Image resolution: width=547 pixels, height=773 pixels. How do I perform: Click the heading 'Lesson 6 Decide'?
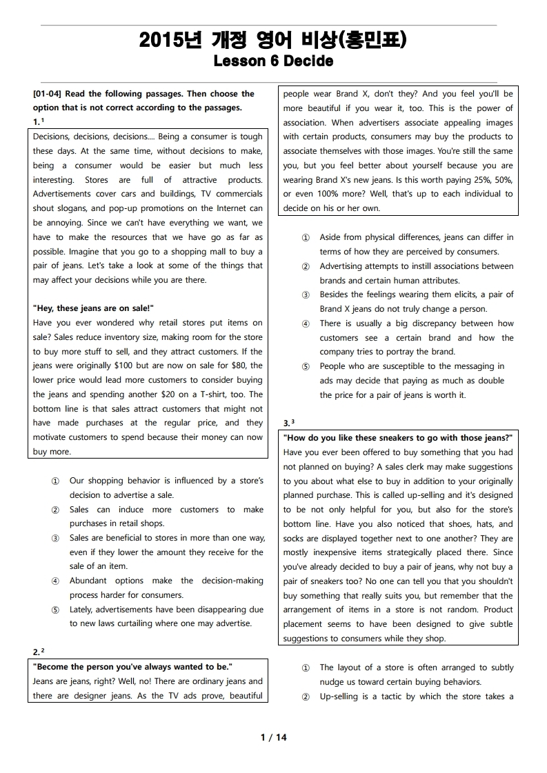pyautogui.click(x=273, y=61)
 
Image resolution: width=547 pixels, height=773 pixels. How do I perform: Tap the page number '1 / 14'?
pyautogui.click(x=273, y=737)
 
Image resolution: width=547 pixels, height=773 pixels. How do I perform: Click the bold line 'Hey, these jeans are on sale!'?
pyautogui.click(x=93, y=308)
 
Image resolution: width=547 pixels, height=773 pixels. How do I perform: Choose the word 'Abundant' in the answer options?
pyautogui.click(x=88, y=581)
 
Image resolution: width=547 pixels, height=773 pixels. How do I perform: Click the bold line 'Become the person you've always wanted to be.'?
pyautogui.click(x=133, y=667)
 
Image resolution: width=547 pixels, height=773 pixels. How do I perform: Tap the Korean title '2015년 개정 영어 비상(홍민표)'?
pyautogui.click(x=273, y=41)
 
